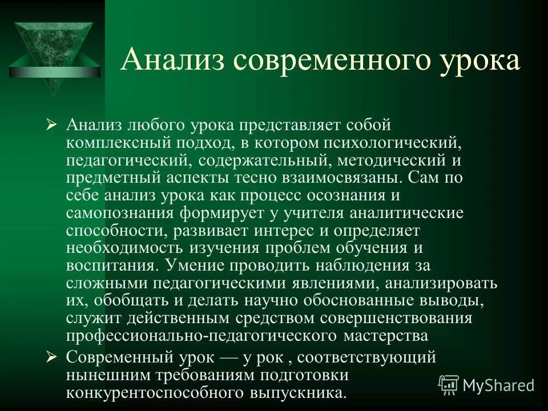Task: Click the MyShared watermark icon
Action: tap(448, 385)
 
